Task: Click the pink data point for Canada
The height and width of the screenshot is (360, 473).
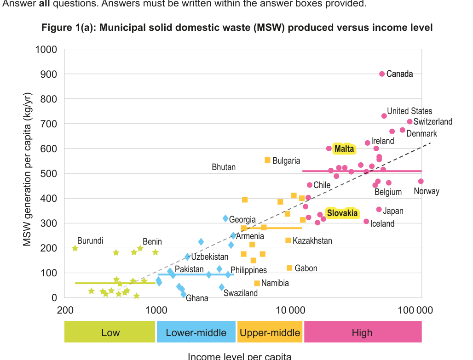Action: point(382,74)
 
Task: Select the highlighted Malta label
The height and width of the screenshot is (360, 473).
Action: point(344,149)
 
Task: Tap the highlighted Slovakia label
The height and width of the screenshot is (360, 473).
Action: point(342,213)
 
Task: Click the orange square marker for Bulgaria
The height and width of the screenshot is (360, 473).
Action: point(267,160)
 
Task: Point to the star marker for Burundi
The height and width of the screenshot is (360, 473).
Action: point(75,248)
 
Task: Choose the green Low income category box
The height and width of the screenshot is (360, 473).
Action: point(110,332)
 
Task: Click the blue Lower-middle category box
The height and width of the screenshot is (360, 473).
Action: point(196,332)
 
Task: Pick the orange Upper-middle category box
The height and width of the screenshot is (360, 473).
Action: point(270,332)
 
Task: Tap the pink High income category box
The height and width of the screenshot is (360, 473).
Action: point(362,332)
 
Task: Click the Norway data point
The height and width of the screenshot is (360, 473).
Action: point(421,182)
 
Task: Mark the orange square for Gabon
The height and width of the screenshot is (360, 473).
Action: point(289,268)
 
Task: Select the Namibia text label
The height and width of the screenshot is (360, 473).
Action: point(275,283)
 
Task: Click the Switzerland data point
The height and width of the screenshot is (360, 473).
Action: point(410,122)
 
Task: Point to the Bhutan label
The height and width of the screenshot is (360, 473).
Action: point(224,167)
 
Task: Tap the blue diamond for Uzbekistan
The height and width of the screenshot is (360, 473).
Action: point(187,257)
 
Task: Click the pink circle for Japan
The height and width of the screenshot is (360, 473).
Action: point(379,210)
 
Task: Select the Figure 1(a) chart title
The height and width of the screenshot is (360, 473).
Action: point(237,28)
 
